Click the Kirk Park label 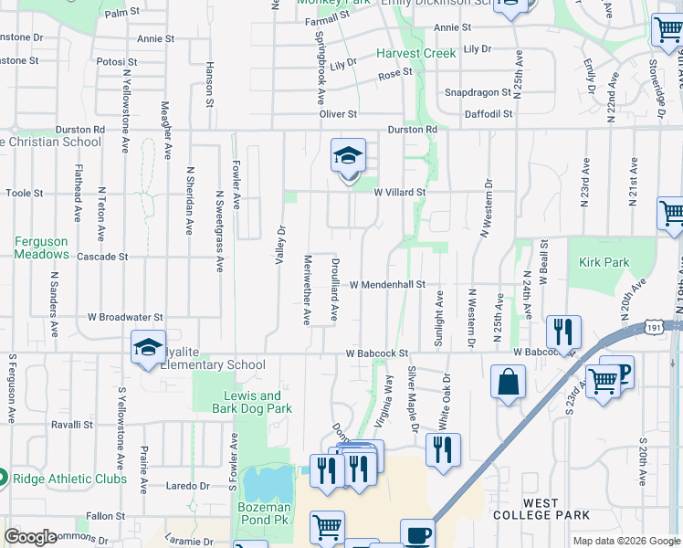pos(604,262)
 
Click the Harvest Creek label pos(415,54)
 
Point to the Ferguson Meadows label pos(41,248)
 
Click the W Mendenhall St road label pos(387,285)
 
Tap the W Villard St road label pos(400,193)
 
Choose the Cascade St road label pos(101,257)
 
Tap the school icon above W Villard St pos(348,157)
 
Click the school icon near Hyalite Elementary pos(148,348)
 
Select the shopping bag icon pos(508,382)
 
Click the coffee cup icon pos(418,534)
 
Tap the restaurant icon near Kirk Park pos(563,332)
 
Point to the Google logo pos(30,537)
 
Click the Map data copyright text pos(626,541)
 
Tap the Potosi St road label pos(116,62)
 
